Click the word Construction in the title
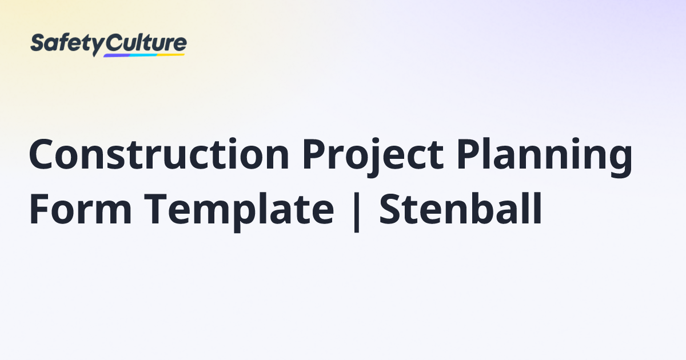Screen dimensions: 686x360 (159, 154)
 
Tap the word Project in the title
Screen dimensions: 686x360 (373, 157)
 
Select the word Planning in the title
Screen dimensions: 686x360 (544, 157)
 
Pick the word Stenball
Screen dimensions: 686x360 (461, 209)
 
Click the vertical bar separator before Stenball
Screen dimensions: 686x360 (356, 212)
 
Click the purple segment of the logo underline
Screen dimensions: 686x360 (117, 56)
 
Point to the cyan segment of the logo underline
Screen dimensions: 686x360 (144, 55)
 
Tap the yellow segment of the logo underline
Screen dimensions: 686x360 (171, 54)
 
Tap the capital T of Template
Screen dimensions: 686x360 (156, 209)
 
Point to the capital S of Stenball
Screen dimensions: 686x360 (390, 209)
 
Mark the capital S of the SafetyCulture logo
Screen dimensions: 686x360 (37, 42)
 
